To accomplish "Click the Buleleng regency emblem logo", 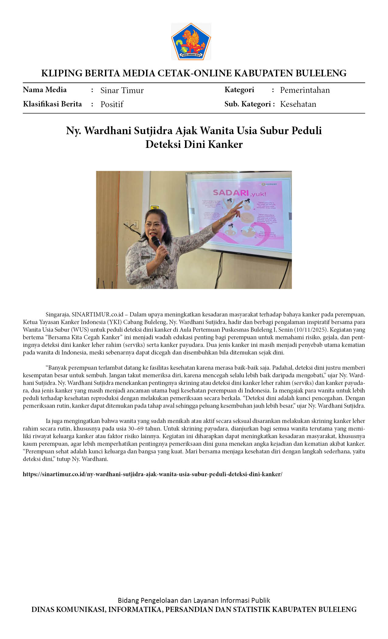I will coord(191,41).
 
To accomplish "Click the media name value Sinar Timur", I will coord(122,90).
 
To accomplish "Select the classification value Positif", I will coord(112,104).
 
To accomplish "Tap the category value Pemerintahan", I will coord(305,90).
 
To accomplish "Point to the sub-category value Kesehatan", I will coord(298,104).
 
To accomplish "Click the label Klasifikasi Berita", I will coord(52,104).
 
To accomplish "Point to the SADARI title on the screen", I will coord(230,192).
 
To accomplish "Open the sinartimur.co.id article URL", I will coord(152,474).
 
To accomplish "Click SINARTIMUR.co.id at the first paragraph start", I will coord(97,314).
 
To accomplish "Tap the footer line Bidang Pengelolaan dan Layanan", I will coord(194,600).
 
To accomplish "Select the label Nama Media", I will coord(45,90).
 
